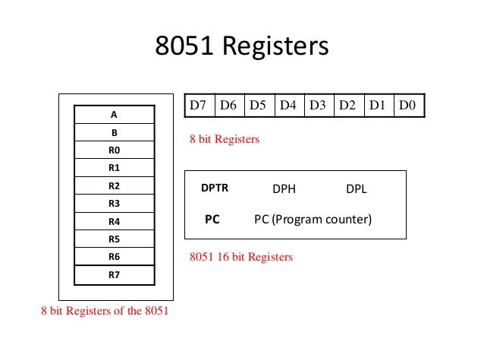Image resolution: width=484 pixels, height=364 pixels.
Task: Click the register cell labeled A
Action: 114,115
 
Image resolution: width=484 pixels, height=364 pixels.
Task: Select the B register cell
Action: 114,132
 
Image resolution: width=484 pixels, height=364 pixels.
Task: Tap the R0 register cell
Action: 114,150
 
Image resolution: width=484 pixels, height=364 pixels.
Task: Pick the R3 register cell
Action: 114,204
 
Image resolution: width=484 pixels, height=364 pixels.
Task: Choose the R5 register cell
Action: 114,239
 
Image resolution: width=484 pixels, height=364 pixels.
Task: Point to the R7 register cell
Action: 114,275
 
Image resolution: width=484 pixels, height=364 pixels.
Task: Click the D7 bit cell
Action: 200,105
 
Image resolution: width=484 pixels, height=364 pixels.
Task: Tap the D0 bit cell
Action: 408,105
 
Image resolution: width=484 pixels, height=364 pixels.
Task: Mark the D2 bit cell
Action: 347,105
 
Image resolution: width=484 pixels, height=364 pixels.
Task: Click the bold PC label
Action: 212,220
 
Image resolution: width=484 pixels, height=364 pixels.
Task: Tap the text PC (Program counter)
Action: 313,220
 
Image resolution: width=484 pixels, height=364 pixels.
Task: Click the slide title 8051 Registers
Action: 241,47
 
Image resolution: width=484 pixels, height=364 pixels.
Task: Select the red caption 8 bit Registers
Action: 224,140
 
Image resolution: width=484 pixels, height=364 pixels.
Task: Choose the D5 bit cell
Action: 259,105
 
